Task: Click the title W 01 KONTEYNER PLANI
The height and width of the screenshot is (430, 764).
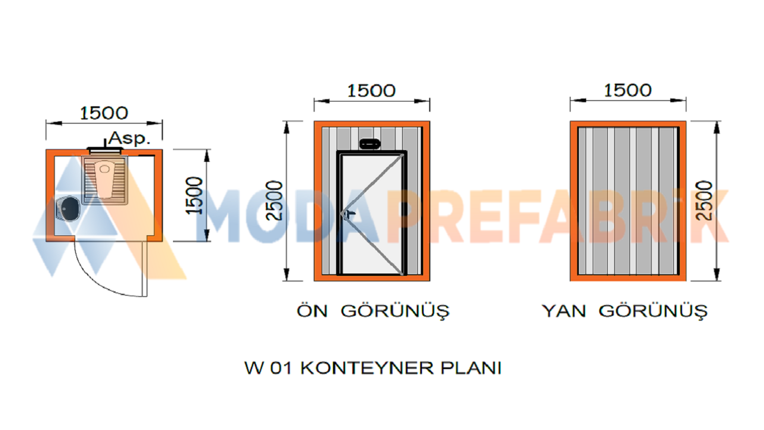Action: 373,368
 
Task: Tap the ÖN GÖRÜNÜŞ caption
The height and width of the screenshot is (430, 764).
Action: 373,311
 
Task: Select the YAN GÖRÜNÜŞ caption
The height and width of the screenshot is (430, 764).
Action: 624,311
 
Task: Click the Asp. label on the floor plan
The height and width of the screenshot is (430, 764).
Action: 130,138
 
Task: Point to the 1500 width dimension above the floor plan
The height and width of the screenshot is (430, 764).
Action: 104,113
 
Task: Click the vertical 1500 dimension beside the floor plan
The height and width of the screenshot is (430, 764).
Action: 194,195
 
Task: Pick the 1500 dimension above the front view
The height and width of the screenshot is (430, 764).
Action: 371,91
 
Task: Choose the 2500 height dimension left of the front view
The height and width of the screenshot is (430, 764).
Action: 275,201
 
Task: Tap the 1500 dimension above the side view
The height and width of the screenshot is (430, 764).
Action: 628,90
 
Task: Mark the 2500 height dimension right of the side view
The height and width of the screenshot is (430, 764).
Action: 704,201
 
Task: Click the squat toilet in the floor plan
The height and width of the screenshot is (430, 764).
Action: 104,180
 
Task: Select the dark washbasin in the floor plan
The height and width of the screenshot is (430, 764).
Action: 68,208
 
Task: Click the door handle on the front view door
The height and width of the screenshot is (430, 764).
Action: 350,213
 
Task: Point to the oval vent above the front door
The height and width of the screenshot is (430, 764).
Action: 369,144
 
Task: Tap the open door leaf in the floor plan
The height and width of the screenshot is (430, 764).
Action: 144,269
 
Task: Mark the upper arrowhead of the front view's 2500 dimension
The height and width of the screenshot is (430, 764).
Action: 286,127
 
